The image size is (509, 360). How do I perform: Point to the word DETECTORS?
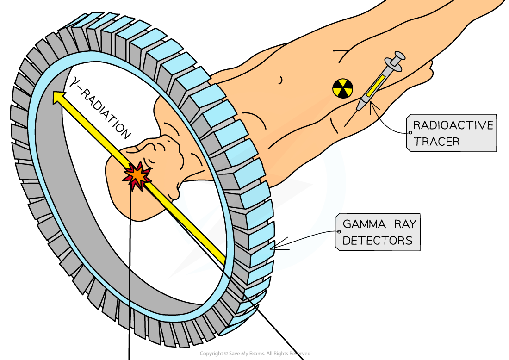(x=377, y=241)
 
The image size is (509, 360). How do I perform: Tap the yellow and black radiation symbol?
(x=342, y=88)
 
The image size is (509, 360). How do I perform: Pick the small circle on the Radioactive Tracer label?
(x=410, y=133)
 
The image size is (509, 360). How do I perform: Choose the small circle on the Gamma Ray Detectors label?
(x=339, y=232)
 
